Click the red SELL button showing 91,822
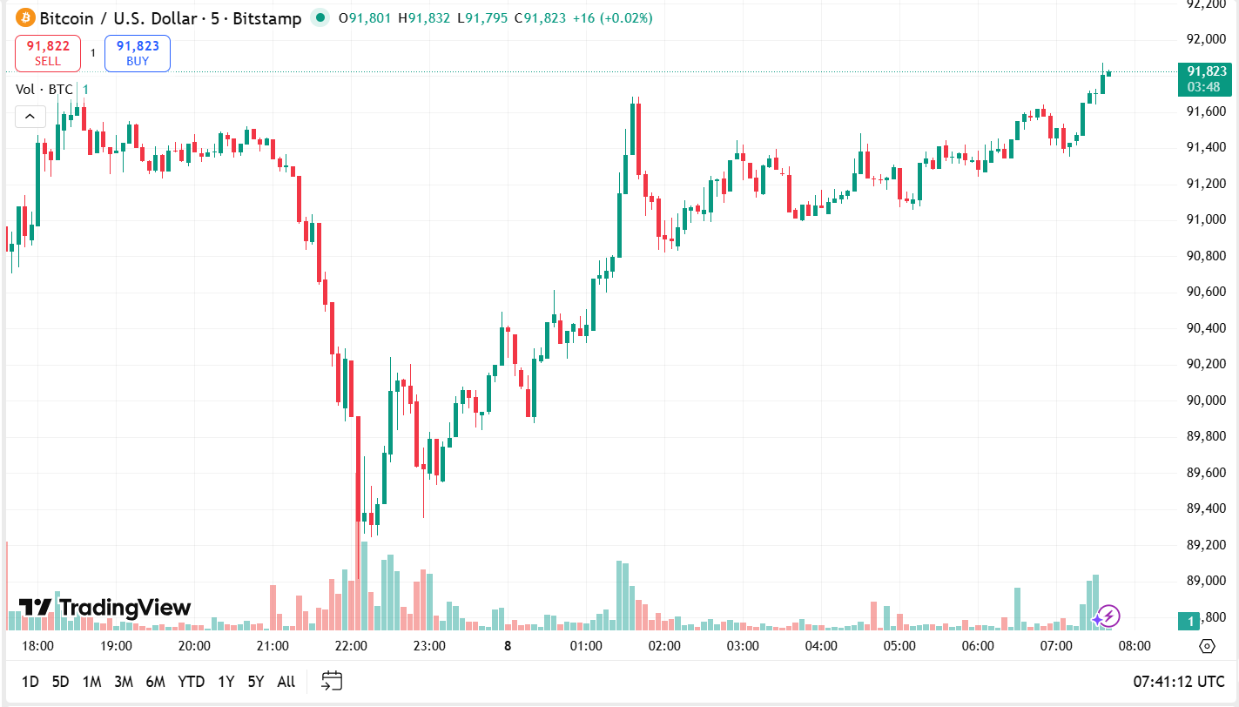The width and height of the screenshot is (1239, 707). pos(48,53)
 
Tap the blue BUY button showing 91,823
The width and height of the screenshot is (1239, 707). pos(138,53)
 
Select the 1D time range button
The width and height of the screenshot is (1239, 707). pos(30,682)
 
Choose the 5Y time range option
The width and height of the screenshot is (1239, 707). pos(255,682)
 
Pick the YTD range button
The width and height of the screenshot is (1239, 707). pos(191,682)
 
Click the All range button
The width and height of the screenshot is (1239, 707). pos(286,682)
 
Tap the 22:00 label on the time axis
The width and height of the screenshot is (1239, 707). pos(351,646)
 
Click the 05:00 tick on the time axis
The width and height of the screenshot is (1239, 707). pos(899,646)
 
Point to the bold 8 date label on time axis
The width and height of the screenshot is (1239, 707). pos(508,646)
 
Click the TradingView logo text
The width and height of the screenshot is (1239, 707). pos(105,608)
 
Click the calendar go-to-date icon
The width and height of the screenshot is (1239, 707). pos(332,681)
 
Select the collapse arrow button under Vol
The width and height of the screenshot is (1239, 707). pos(30,116)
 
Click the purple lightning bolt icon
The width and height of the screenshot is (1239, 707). pos(1108,616)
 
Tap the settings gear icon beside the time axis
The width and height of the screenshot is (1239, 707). pos(1207,646)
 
